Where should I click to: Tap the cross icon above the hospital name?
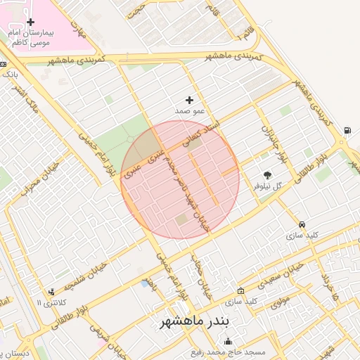coord(30,22)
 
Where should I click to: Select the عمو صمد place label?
coord(189,111)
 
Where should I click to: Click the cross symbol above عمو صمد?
coord(189,100)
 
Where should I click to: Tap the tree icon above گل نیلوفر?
coord(267,174)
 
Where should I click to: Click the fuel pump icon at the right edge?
coord(347,130)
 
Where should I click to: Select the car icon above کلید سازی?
coord(302,224)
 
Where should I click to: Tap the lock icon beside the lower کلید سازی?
coord(241,291)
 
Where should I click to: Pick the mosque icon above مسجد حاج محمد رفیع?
coord(226,341)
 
